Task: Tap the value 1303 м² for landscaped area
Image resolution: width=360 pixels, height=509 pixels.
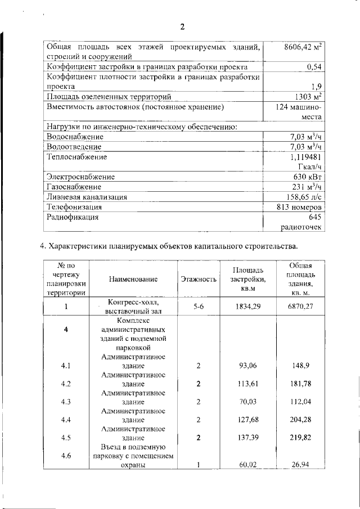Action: click(x=304, y=97)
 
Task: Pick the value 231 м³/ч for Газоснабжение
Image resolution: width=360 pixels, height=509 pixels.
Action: click(x=306, y=187)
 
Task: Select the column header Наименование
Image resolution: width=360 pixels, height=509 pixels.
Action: click(x=134, y=279)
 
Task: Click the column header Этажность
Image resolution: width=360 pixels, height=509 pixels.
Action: click(x=199, y=279)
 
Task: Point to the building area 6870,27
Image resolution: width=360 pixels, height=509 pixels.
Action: click(x=301, y=307)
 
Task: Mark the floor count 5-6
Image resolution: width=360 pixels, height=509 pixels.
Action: click(x=198, y=307)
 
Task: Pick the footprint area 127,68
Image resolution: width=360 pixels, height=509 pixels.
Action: click(x=248, y=420)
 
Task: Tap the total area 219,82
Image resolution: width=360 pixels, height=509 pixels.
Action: click(x=301, y=438)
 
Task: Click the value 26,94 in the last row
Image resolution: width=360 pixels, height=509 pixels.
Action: click(x=301, y=465)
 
